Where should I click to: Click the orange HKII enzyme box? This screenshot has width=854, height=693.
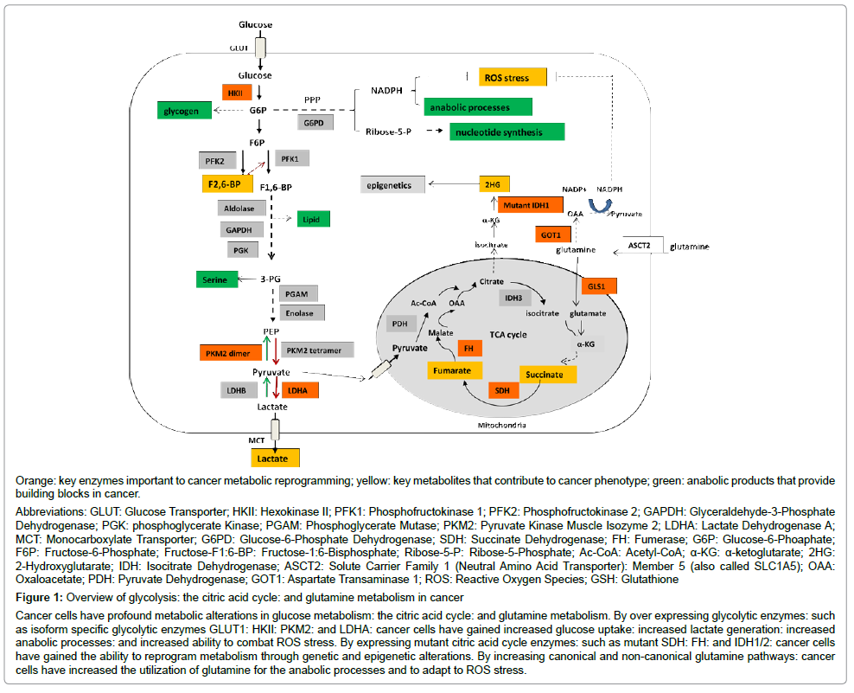234,92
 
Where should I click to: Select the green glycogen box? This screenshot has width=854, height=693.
184,111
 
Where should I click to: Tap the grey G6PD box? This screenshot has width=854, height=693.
314,123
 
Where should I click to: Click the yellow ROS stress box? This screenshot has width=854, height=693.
513,78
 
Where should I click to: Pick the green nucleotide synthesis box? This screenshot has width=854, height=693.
507,132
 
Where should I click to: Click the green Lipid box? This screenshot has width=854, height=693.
312,220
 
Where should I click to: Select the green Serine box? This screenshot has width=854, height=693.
217,279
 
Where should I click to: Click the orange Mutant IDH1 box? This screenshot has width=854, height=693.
530,206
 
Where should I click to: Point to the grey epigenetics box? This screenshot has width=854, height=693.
393,184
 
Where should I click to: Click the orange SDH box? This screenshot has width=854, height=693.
501,391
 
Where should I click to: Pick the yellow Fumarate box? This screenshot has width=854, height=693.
454,370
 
